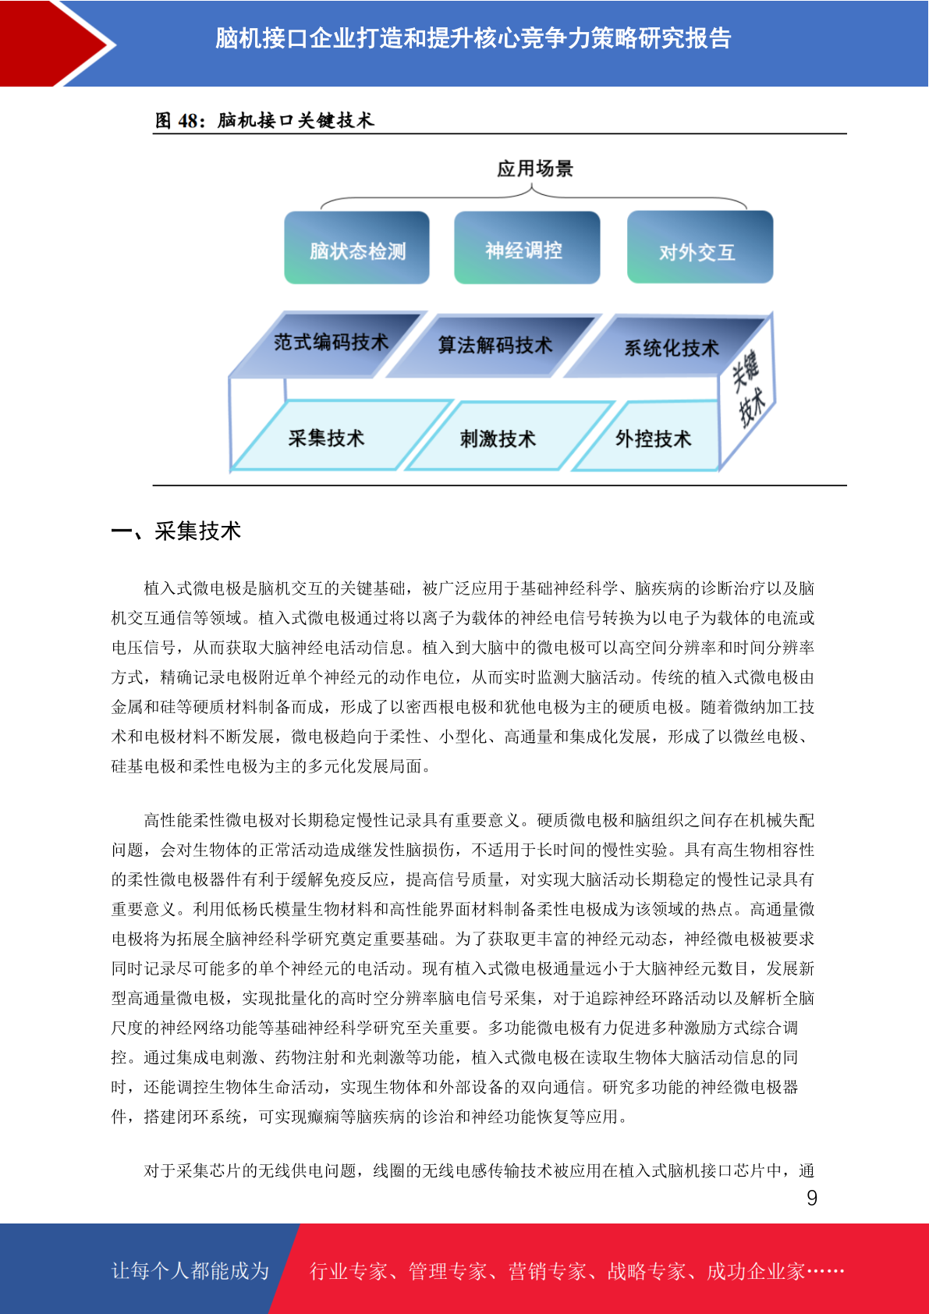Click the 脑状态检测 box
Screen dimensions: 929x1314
(356, 247)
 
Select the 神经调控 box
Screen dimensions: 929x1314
(527, 247)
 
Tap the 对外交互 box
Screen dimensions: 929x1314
(700, 247)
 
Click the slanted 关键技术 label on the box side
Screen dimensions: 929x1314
(748, 388)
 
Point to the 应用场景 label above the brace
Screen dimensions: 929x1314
(535, 169)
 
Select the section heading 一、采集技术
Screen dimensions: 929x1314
(176, 531)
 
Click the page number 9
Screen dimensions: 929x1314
(812, 1198)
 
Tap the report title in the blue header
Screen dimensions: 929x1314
(473, 38)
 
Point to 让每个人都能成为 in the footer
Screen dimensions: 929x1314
(190, 1270)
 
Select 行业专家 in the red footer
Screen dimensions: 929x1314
(349, 1271)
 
